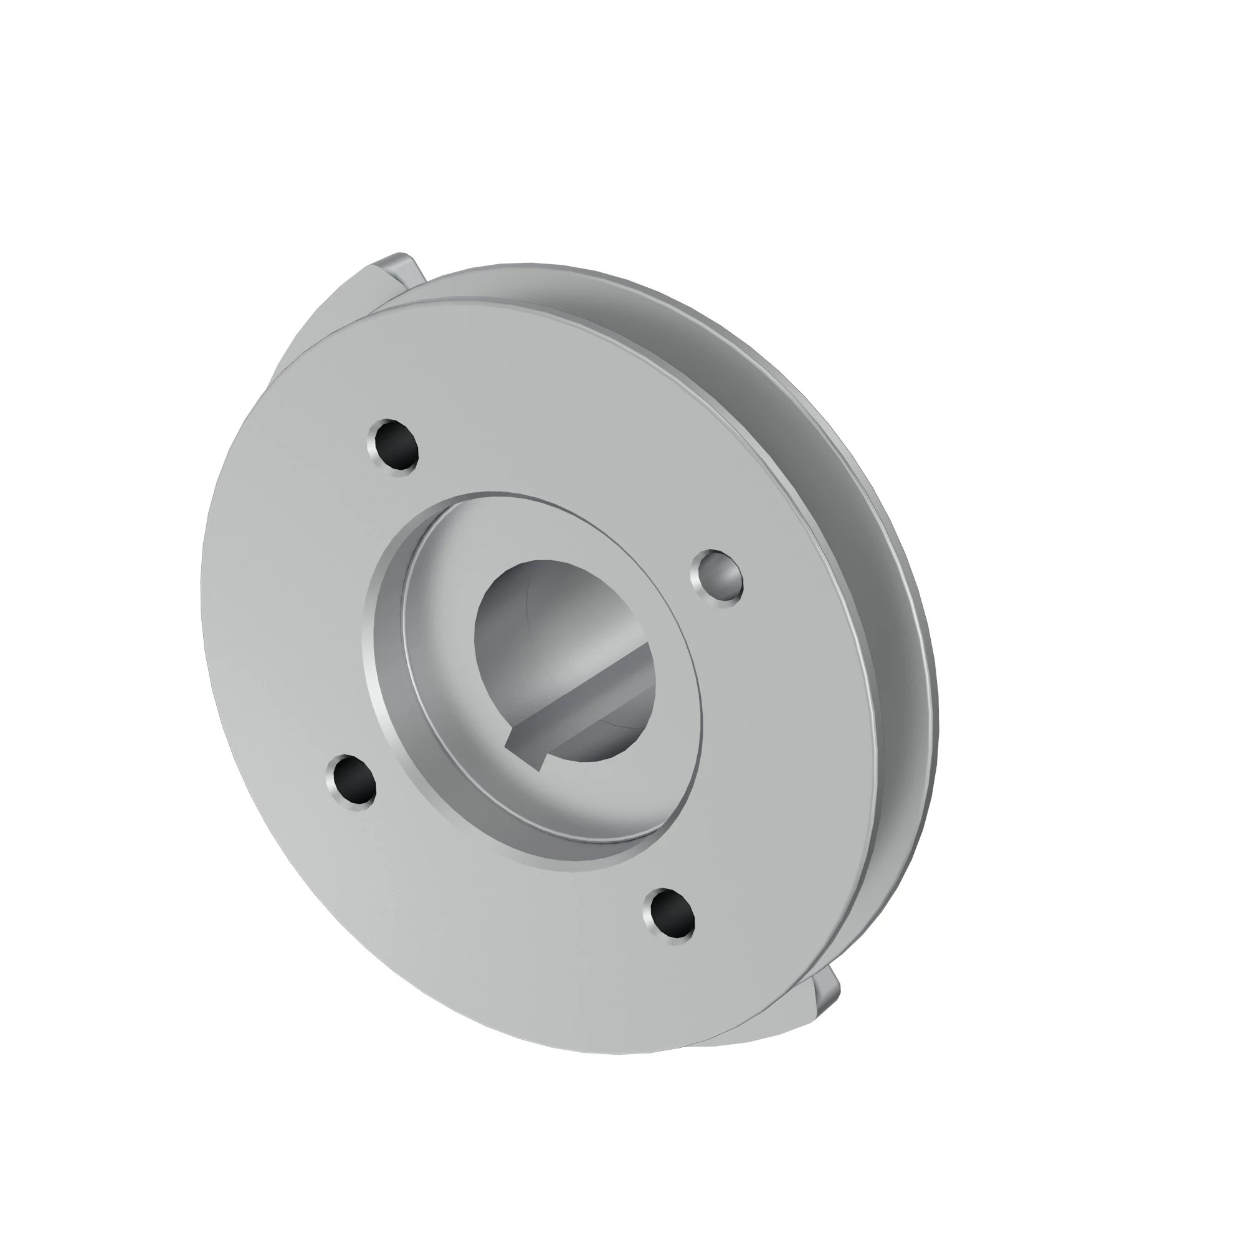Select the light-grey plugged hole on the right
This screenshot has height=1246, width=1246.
coord(720,579)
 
